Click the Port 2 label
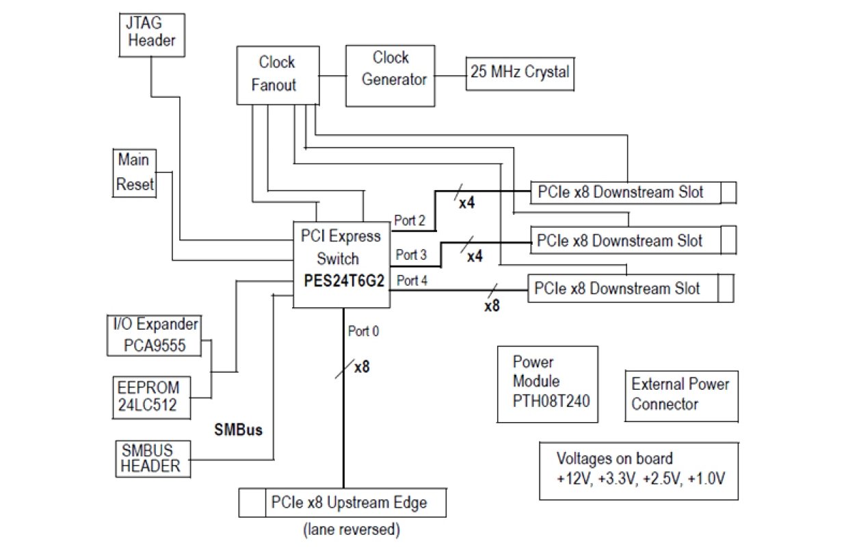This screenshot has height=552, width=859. pyautogui.click(x=410, y=220)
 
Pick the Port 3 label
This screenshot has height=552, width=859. pyautogui.click(x=411, y=255)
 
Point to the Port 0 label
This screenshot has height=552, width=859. pyautogui.click(x=364, y=332)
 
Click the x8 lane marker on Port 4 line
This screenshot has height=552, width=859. pyautogui.click(x=492, y=306)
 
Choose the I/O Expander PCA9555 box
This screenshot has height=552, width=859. pyautogui.click(x=155, y=334)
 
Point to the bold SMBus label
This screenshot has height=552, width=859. pyautogui.click(x=239, y=431)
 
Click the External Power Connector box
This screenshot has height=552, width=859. pyautogui.click(x=680, y=395)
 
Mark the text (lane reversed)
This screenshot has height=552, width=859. pyautogui.click(x=351, y=529)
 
